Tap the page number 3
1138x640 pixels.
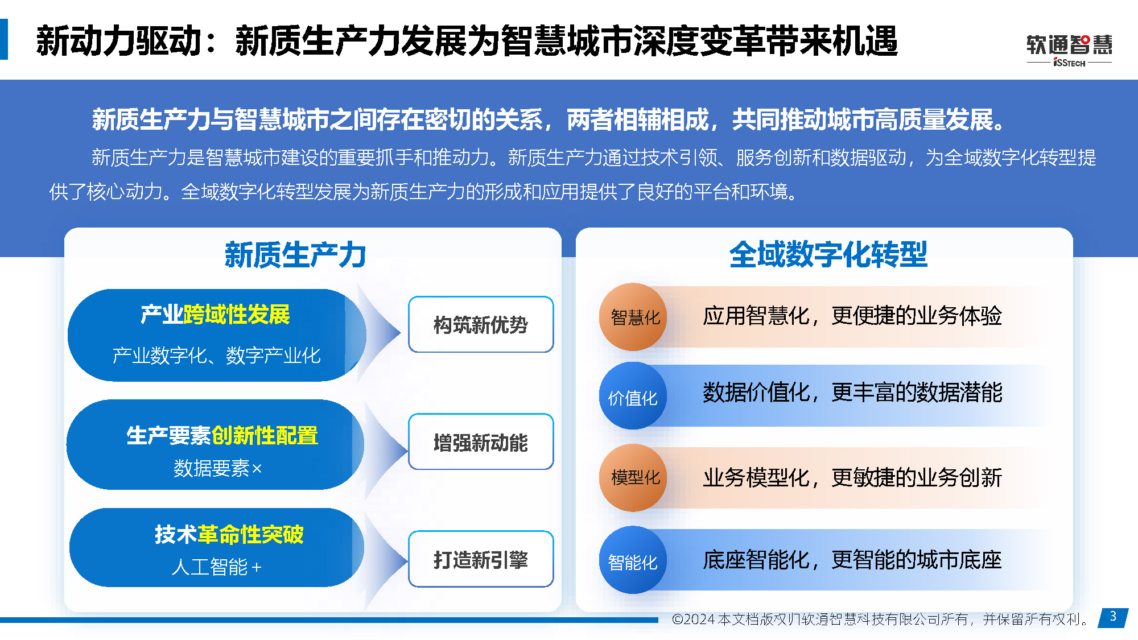tap(1113, 616)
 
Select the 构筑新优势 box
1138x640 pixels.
tap(481, 324)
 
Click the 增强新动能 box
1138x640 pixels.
tap(481, 442)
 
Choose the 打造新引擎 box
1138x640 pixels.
tap(481, 559)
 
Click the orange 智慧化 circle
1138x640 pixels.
tap(633, 317)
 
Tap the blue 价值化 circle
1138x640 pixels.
tap(633, 397)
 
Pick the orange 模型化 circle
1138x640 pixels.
tap(633, 477)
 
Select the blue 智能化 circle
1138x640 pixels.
tap(633, 560)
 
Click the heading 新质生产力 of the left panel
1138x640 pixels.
tap(295, 254)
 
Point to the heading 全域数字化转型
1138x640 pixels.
tap(828, 254)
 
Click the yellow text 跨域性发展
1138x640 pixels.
tap(236, 315)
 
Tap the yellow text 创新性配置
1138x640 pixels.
tap(265, 436)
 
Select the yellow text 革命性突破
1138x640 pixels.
tap(250, 534)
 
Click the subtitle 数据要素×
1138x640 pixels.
tap(217, 468)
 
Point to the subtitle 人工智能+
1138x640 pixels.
tap(217, 567)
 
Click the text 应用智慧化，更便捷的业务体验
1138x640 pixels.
tap(852, 316)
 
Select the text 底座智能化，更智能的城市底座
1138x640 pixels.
tap(852, 560)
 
